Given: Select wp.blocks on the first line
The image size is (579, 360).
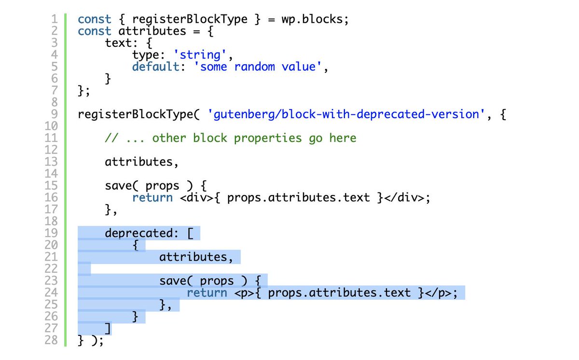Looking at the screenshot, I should (318, 20).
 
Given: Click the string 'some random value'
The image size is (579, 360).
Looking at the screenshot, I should (258, 67).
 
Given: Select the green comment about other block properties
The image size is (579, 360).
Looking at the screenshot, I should (231, 138).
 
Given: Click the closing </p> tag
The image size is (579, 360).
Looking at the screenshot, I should (439, 293).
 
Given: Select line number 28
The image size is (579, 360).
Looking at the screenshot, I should (52, 340).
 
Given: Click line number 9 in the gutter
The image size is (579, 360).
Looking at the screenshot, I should (55, 115).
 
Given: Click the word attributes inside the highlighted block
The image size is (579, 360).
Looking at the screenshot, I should (193, 257).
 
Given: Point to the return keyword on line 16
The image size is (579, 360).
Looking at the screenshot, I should (152, 197).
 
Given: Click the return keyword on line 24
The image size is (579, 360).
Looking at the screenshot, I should (207, 293).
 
